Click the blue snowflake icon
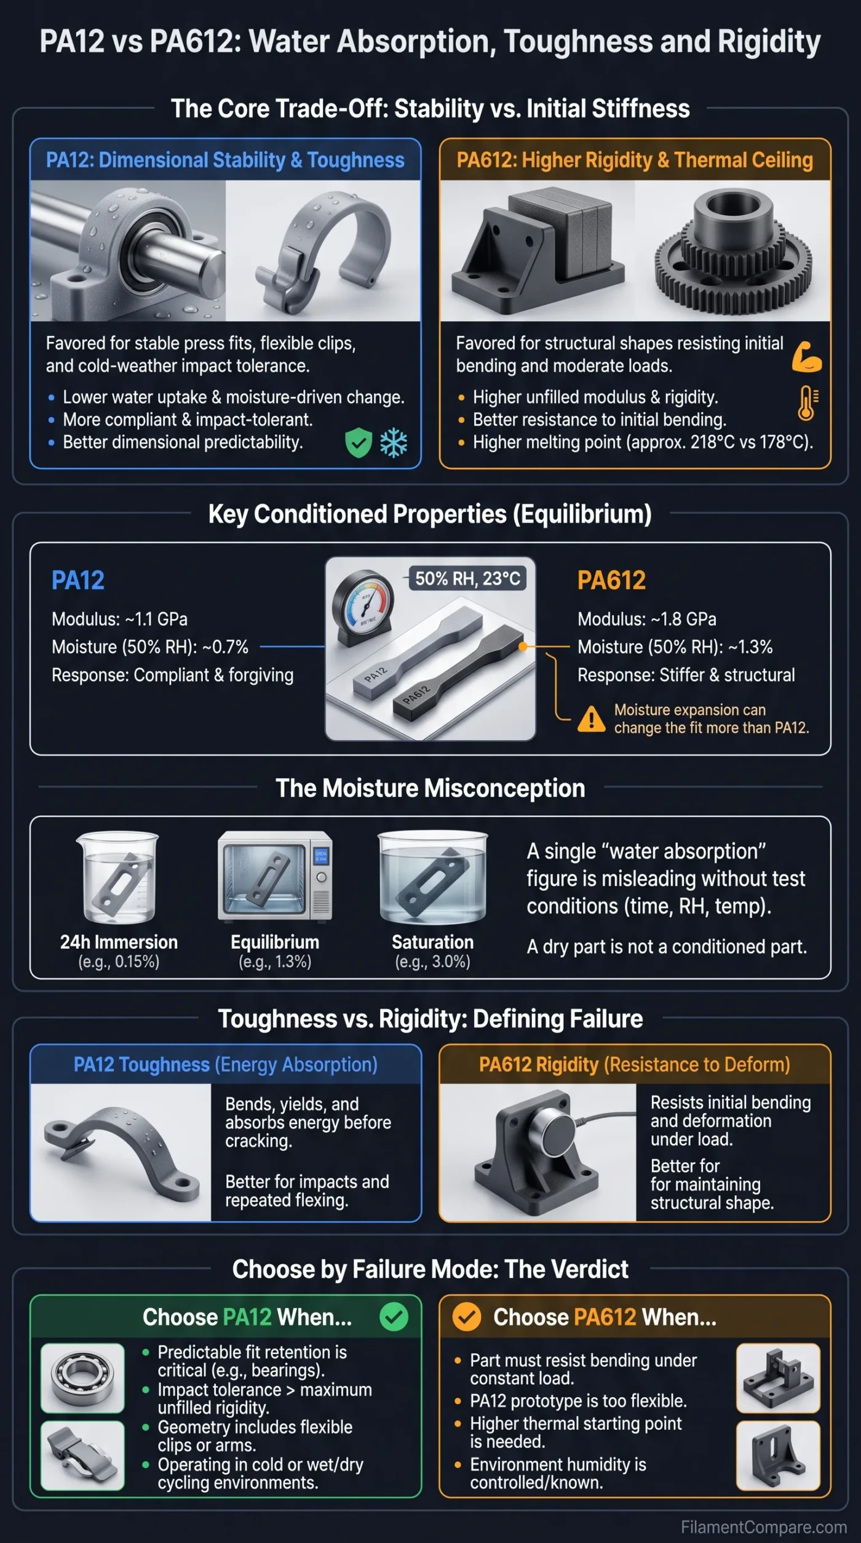coord(394,443)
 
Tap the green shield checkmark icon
coord(359,443)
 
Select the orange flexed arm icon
coord(807,356)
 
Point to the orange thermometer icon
coord(807,403)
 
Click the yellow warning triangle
coord(591,719)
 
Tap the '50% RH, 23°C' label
coord(467,578)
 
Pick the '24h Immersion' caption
coord(119,942)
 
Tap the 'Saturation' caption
coord(433,942)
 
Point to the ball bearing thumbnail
coord(82,1378)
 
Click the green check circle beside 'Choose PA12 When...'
coord(394,1317)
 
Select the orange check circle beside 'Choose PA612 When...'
coord(467,1317)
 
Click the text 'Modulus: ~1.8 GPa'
coord(646,619)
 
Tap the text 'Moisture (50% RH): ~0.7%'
coord(150,647)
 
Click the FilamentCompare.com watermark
coord(763,1527)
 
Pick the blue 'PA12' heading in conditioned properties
coord(78,580)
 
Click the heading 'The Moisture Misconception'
coord(430,788)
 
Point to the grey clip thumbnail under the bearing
coord(82,1455)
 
